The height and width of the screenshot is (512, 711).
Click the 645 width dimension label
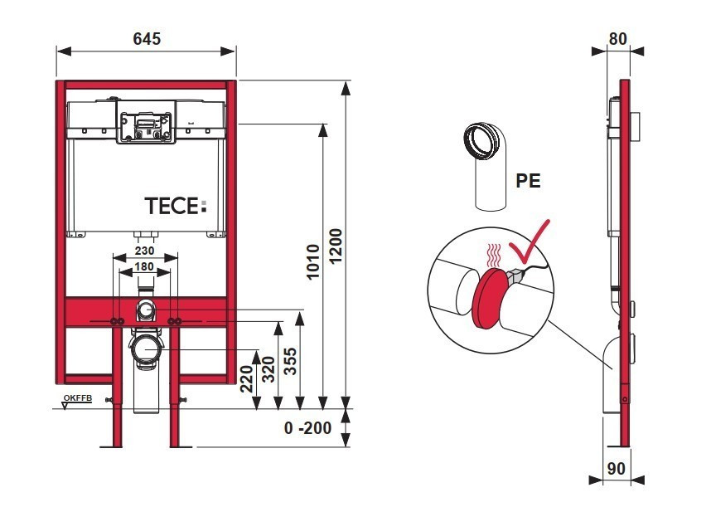(x=146, y=39)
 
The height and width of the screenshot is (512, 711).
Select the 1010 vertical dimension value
(x=312, y=262)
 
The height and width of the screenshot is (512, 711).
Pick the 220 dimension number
(x=246, y=381)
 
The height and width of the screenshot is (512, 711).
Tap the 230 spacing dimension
(x=145, y=250)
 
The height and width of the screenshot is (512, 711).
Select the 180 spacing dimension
(x=145, y=267)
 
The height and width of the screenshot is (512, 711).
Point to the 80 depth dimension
(x=617, y=39)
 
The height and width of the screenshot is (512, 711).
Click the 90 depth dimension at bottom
(x=616, y=468)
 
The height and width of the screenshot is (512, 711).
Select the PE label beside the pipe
(x=528, y=181)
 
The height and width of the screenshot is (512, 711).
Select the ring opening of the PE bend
(x=481, y=140)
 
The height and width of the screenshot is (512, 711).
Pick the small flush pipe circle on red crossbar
(x=146, y=311)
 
